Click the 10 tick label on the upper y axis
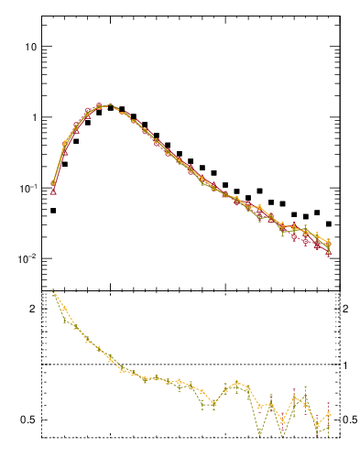(28, 47)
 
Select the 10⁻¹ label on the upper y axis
(26, 188)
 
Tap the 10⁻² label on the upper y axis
(26, 259)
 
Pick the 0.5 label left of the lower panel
(27, 420)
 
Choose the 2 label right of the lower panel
(345, 309)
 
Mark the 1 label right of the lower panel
(345, 365)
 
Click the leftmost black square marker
(53, 211)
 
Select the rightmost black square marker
(329, 224)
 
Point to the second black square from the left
(65, 165)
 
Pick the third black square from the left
(76, 141)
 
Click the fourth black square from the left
(88, 123)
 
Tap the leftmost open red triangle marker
(53, 192)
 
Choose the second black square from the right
(317, 213)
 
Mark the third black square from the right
(306, 219)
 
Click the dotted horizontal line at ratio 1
(183, 365)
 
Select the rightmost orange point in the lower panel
(329, 413)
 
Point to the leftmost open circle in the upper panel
(53, 184)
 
